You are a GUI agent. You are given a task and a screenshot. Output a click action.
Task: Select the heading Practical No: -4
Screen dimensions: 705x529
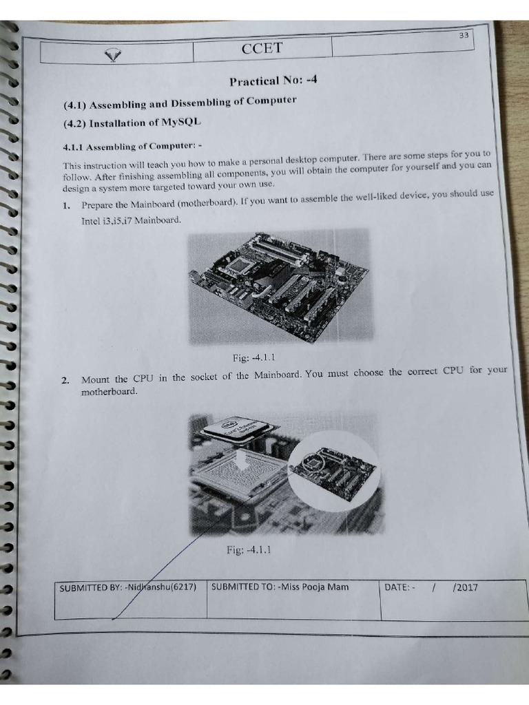coord(273,81)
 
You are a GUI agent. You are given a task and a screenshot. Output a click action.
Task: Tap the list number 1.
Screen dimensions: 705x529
coord(66,205)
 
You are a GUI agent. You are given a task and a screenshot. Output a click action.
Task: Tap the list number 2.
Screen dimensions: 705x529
coord(65,380)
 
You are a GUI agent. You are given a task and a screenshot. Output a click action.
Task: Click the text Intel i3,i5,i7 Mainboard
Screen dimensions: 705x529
coord(131,220)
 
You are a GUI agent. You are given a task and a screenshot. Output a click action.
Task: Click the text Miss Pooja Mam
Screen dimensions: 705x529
coord(313,587)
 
